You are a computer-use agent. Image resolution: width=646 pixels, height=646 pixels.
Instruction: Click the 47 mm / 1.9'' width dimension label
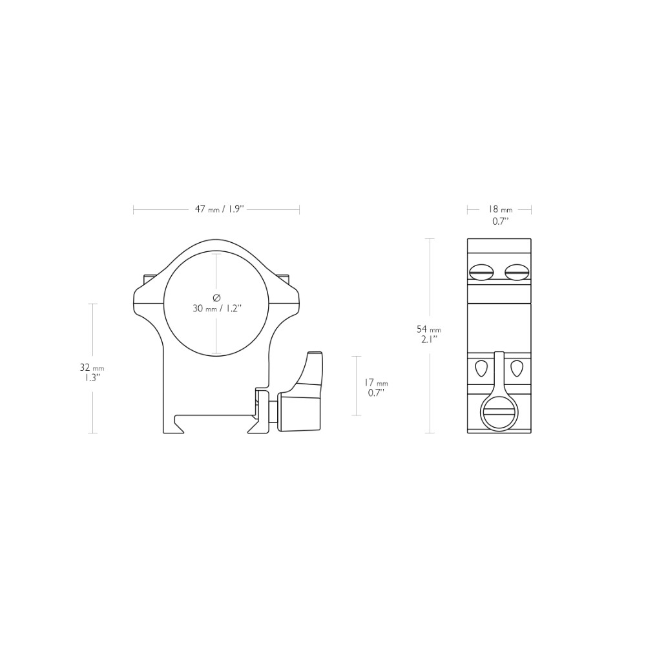220,209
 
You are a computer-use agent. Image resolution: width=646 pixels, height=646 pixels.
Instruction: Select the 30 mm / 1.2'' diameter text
216,308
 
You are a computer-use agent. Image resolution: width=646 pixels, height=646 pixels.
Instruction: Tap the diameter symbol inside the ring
216,297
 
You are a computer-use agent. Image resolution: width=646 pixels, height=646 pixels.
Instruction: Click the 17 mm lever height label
376,382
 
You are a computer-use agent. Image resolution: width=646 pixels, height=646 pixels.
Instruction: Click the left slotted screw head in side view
481,271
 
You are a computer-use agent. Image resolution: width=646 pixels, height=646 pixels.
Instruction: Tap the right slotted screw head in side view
517,271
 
